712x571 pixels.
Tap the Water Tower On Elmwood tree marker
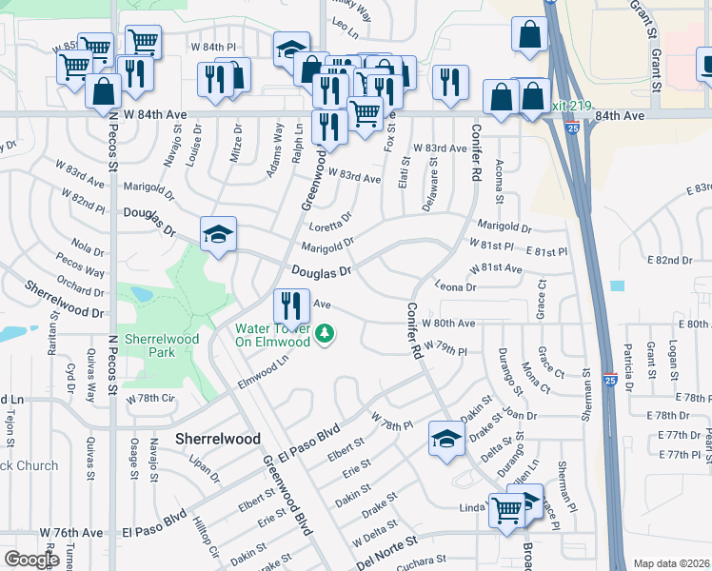tap(326, 334)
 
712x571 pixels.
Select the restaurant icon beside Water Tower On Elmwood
tap(290, 305)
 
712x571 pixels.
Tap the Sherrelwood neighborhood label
tap(218, 439)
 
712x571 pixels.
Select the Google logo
tap(30, 560)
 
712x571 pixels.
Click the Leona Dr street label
tap(454, 286)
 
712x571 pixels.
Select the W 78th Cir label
tap(152, 398)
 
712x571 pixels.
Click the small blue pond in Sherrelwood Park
tap(142, 294)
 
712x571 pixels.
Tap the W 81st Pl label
tap(492, 246)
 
